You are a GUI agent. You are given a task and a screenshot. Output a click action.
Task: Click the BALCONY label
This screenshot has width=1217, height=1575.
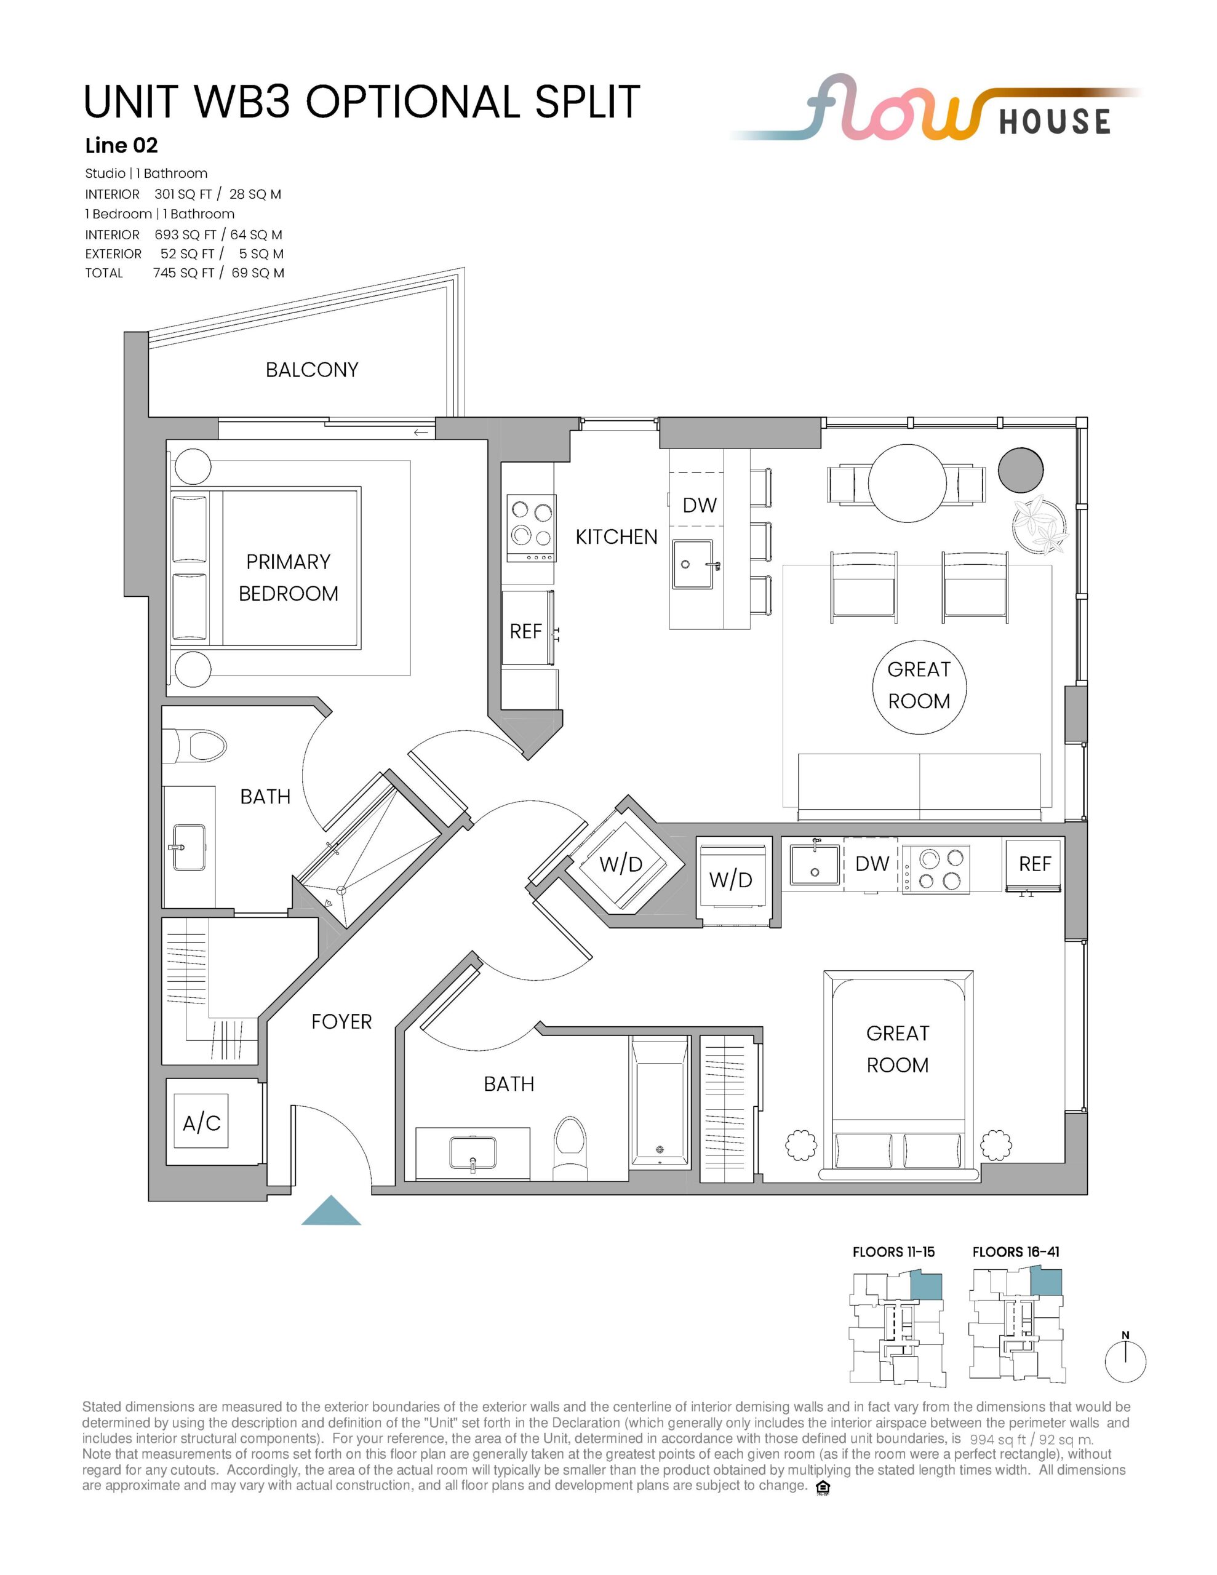point(312,370)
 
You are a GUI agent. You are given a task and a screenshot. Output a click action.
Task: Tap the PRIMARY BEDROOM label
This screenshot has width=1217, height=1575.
point(289,577)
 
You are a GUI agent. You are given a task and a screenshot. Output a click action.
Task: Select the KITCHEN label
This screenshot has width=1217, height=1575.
point(616,536)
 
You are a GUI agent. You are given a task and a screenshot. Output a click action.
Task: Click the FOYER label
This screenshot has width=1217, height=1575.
point(341,1021)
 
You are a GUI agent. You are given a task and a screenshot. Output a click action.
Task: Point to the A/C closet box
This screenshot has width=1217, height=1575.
point(201,1122)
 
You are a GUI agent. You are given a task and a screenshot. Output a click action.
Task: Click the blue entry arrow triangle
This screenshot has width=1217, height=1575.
point(331,1211)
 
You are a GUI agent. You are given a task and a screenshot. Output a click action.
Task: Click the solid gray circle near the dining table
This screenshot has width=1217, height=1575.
point(1021,469)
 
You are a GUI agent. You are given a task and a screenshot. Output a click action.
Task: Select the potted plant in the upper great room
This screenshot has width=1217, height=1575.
point(1039,524)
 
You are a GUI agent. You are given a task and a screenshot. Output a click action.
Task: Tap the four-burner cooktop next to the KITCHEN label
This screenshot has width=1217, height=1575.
point(531,528)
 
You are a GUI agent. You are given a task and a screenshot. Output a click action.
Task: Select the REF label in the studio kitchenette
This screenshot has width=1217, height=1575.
point(1034,864)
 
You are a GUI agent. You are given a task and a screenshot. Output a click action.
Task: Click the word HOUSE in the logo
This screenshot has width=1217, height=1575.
point(1055,122)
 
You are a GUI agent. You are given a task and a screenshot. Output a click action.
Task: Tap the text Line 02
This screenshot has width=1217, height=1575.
point(121,146)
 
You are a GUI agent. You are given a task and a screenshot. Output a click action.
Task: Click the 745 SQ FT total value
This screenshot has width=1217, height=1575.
point(184,273)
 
